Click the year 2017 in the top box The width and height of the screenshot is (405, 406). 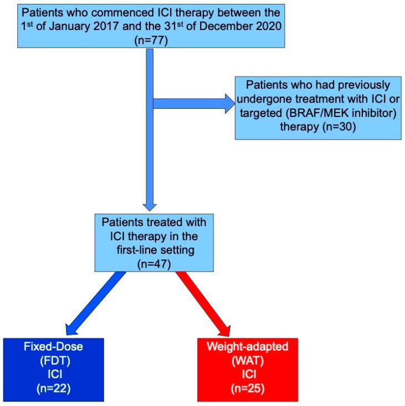136,26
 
